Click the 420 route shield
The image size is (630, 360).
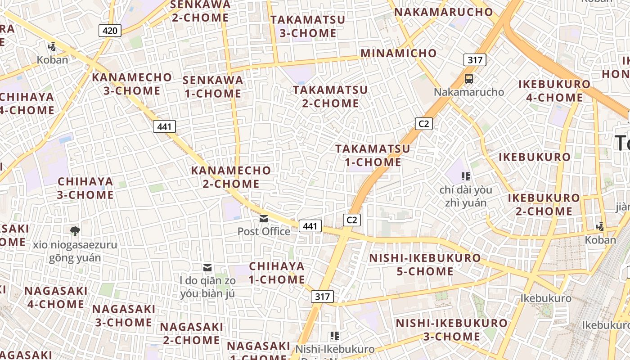(110, 31)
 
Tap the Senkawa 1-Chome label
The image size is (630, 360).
(213, 87)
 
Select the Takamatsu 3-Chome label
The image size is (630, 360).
(308, 26)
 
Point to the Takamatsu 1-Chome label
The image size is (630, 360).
(373, 155)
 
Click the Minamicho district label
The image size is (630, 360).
(398, 53)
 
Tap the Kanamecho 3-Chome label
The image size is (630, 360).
(132, 84)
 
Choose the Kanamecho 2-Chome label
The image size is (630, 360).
(231, 177)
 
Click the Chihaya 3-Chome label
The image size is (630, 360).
(85, 188)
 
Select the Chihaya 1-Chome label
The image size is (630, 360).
(277, 273)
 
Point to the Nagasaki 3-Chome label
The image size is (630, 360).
(124, 315)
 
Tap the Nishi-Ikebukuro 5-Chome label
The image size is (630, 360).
(425, 265)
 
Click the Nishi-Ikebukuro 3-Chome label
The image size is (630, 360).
(451, 329)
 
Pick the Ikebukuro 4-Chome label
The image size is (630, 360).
(554, 90)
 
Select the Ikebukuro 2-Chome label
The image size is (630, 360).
(544, 204)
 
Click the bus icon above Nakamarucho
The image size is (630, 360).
(469, 79)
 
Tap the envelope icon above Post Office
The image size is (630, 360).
(264, 219)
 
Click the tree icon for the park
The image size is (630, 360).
(75, 231)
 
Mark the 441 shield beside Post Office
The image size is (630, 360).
(310, 226)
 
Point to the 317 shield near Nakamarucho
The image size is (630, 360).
(475, 60)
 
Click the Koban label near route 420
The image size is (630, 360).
(53, 59)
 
